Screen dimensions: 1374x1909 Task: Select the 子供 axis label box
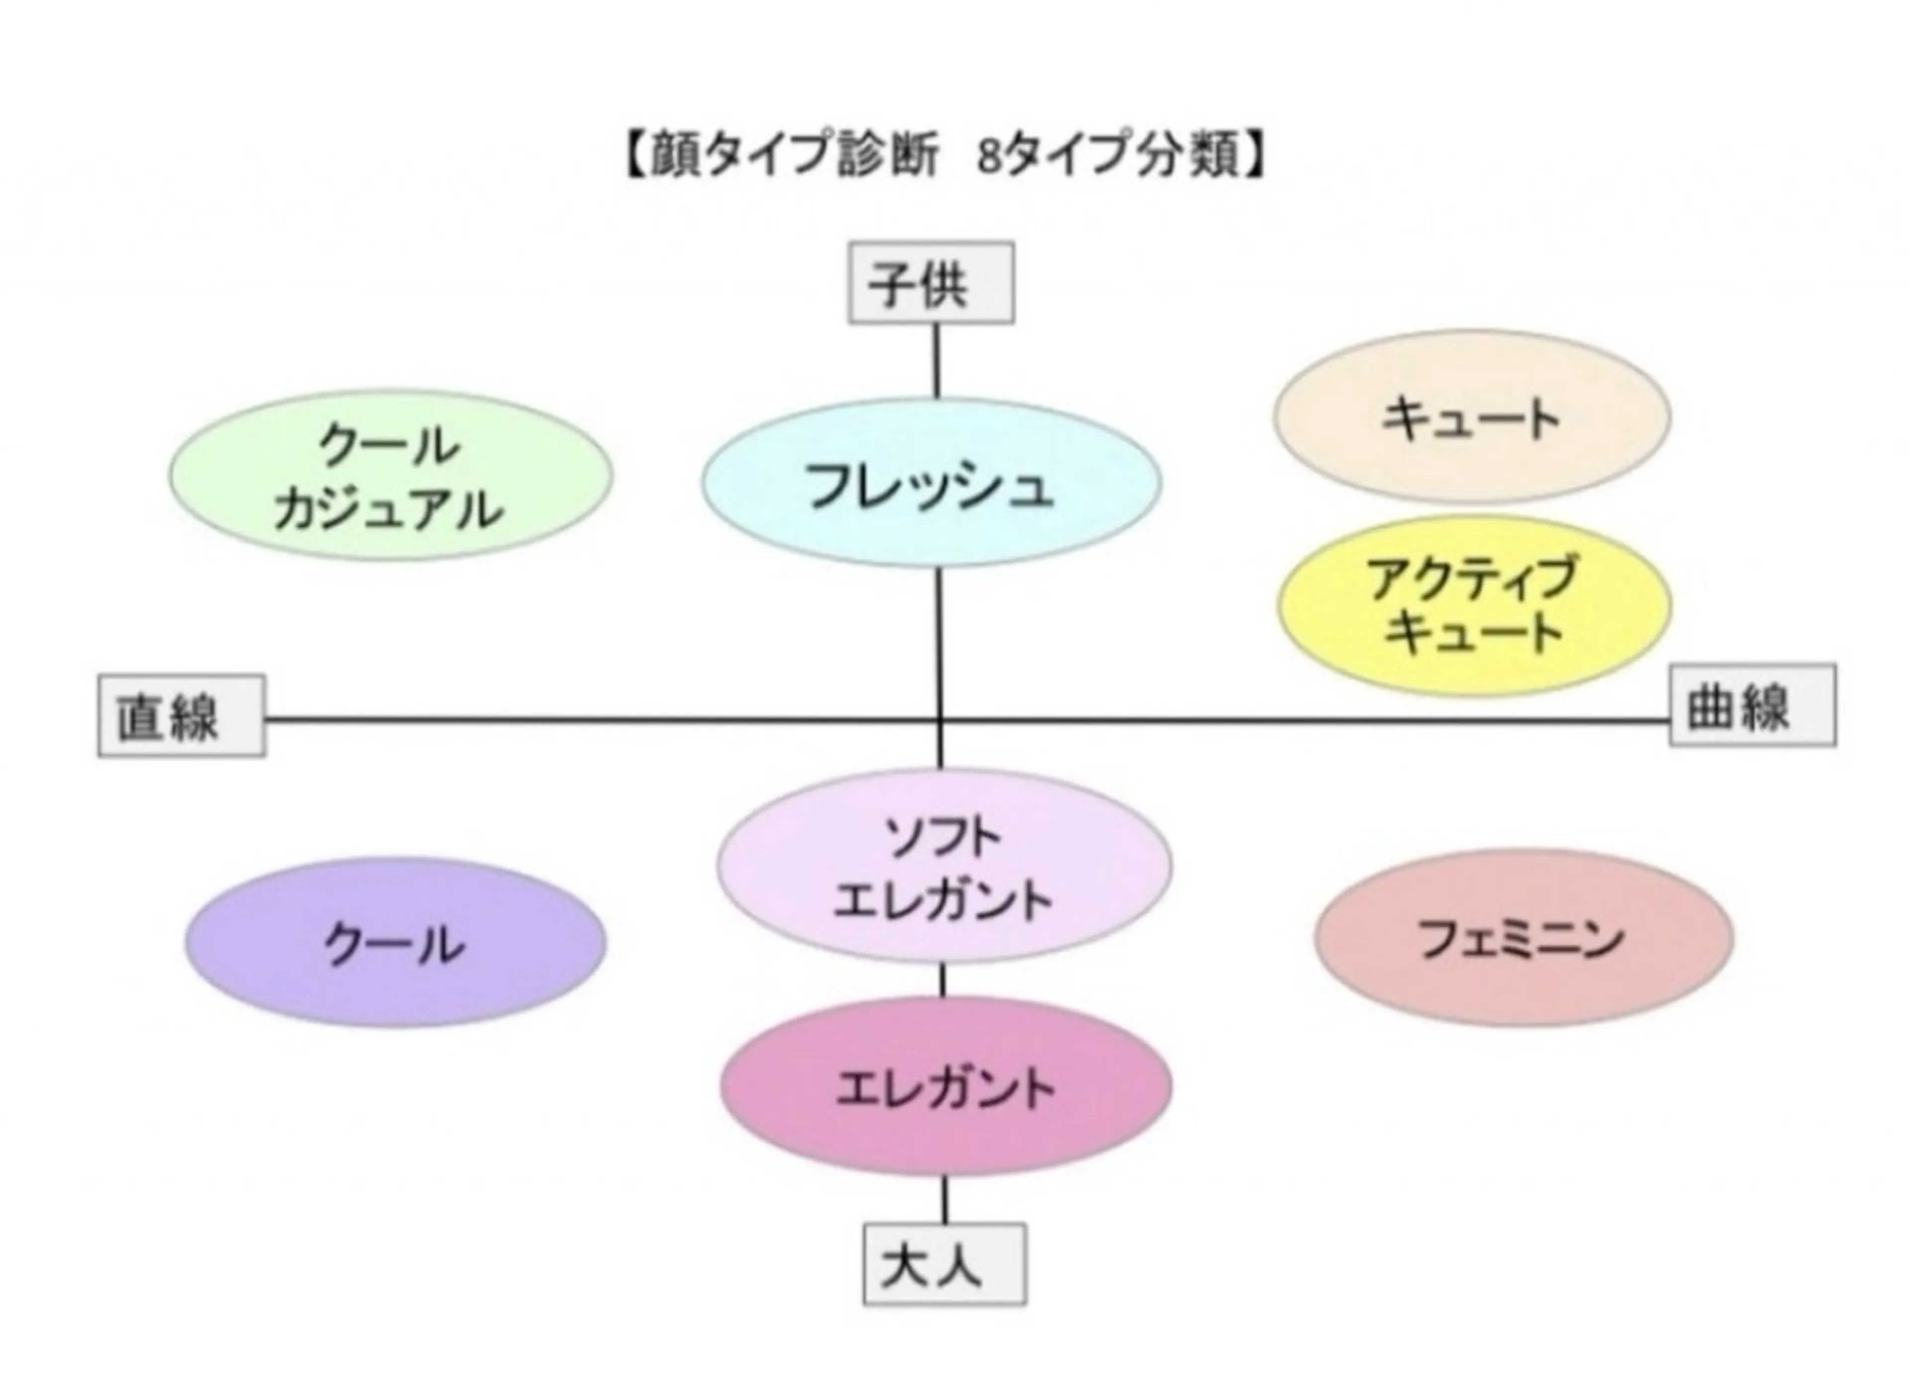coord(931,283)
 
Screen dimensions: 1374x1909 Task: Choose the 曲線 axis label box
coord(1752,705)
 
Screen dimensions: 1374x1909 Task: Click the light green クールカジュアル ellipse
coord(391,476)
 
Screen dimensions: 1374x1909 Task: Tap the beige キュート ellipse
coord(1472,416)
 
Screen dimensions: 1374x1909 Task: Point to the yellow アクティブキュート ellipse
coord(1474,606)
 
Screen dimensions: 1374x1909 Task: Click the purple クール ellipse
coord(396,942)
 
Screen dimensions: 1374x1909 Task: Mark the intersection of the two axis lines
coord(940,720)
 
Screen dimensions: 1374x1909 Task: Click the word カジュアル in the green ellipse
coord(389,509)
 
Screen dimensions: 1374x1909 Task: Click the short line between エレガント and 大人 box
coord(945,1199)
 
